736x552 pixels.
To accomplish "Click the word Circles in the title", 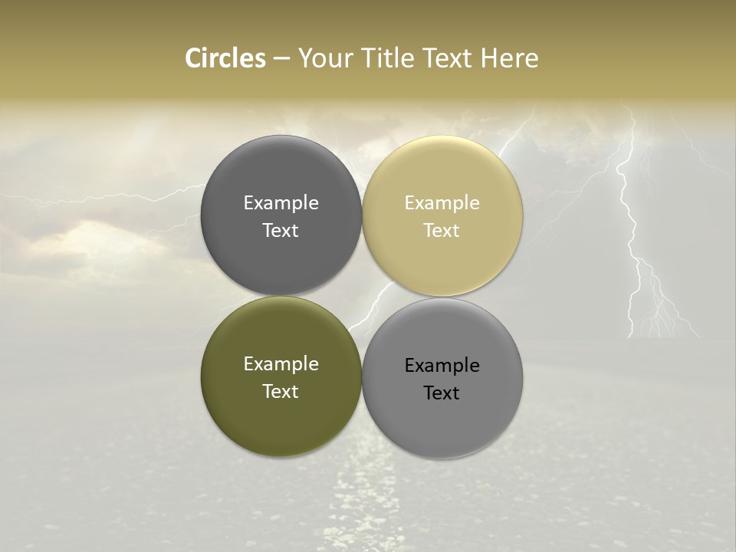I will point(225,58).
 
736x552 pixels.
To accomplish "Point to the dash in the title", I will point(281,59).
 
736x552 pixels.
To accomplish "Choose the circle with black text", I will point(442,418).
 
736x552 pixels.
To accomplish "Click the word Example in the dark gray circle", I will point(281,202).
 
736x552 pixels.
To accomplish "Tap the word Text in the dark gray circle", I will point(281,230).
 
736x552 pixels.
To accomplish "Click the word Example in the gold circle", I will point(442,202).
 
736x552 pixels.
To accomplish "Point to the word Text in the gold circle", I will point(442,230).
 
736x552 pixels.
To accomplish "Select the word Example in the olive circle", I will point(281,363).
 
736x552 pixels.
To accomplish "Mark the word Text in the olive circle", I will point(281,391).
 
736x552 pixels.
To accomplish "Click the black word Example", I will point(442,365).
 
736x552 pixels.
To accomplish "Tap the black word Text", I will point(442,393).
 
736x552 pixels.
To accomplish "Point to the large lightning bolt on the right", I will point(632,230).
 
